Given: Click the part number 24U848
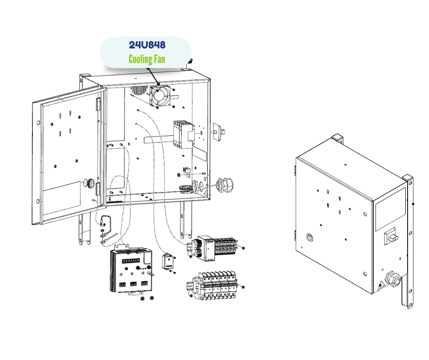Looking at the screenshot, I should [x=147, y=45].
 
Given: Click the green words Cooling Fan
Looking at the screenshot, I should [x=147, y=59].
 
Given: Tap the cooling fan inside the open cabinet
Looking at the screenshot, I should [x=160, y=95].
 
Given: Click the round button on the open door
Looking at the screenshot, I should [x=90, y=183].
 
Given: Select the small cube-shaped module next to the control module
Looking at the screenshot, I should [x=169, y=262].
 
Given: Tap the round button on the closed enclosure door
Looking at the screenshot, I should [x=309, y=237].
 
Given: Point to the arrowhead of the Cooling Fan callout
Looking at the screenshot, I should [x=157, y=85].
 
